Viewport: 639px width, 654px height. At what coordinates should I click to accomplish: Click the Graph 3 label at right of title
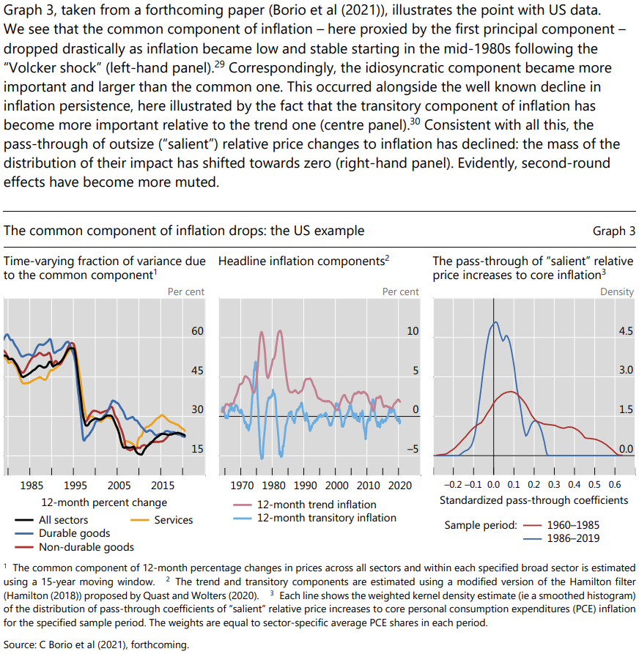[x=613, y=231]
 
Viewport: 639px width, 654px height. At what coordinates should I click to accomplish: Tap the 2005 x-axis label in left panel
[x=119, y=486]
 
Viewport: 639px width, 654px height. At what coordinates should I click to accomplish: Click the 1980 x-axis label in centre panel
[x=273, y=486]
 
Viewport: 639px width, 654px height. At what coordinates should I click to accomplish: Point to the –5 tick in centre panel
[x=413, y=449]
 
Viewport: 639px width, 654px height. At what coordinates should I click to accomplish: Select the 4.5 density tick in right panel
[x=626, y=331]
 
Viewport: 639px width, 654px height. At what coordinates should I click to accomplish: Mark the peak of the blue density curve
[x=496, y=322]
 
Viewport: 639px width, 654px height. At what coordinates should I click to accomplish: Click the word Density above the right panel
[x=616, y=291]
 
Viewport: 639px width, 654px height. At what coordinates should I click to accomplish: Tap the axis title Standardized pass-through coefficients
[x=533, y=500]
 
